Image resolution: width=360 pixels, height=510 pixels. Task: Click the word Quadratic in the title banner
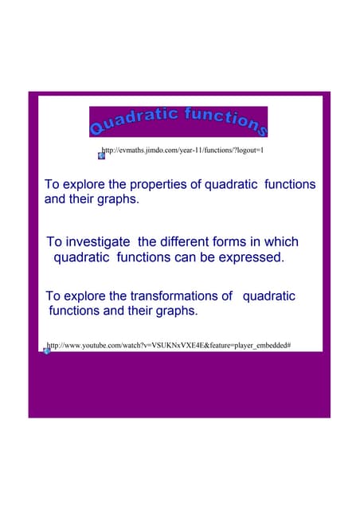[135, 120]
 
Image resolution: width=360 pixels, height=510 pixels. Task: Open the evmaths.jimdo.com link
[183, 150]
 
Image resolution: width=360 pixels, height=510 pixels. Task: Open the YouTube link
[168, 346]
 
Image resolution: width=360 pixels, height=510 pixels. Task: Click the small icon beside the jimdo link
[101, 155]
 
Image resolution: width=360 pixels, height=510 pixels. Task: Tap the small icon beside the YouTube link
[47, 351]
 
